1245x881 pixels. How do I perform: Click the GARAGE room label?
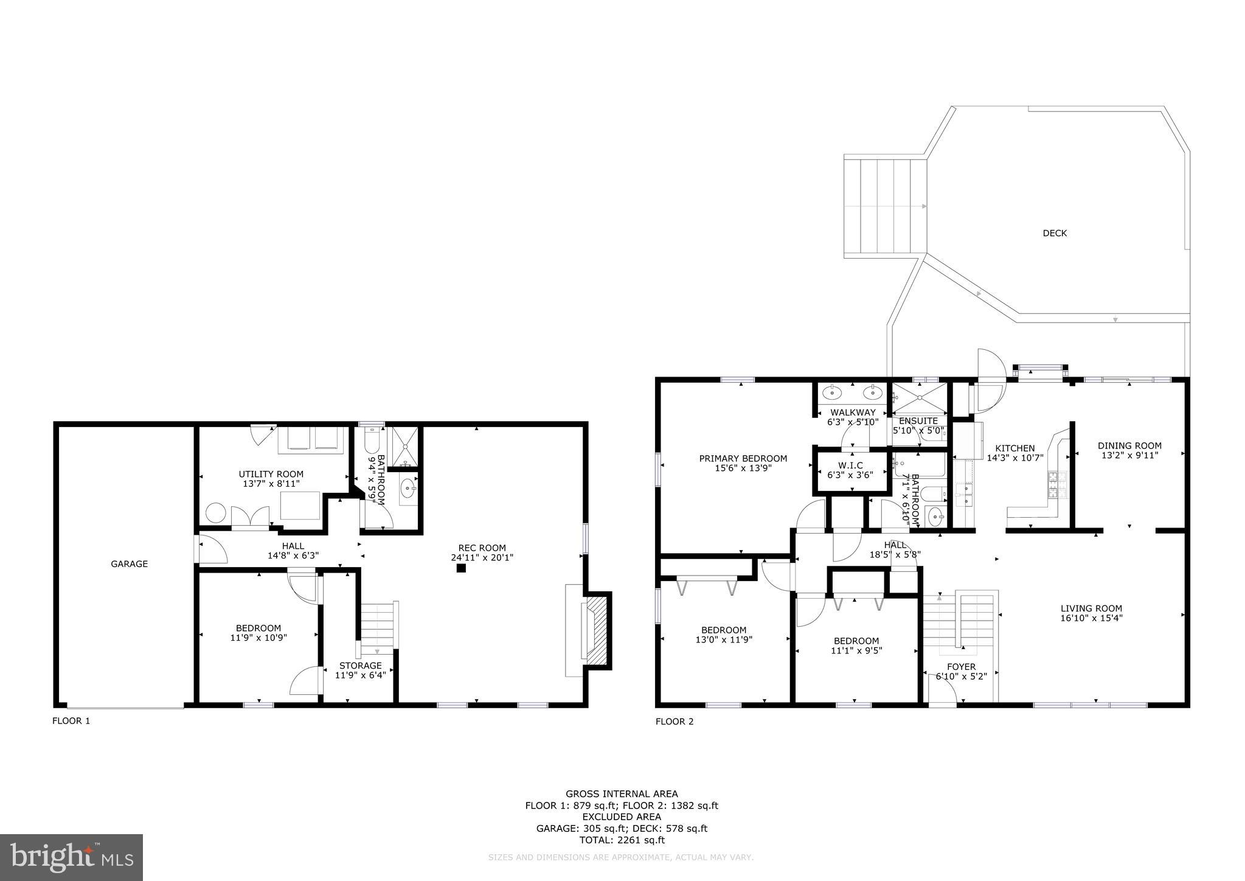129,564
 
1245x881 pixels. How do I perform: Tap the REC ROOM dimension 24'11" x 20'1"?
483,557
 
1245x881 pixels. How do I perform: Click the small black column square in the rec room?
461,568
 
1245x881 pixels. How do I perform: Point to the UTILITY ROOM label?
271,474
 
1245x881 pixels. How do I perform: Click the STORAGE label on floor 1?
361,665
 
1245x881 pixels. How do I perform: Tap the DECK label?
1055,233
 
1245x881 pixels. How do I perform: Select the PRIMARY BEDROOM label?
743,459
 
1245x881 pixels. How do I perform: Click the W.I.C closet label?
850,465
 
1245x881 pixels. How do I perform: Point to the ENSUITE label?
918,421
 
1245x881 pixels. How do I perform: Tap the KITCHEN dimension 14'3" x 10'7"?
1014,458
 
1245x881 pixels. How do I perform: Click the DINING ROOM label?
1129,445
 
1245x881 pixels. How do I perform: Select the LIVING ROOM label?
1091,608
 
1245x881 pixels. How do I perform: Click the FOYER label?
961,667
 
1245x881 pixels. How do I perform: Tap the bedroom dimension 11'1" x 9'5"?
856,650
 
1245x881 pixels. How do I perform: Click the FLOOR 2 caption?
674,722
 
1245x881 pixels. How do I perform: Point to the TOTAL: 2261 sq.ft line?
622,840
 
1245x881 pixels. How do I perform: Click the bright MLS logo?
71,857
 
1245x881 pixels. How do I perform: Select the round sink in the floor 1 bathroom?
407,488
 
